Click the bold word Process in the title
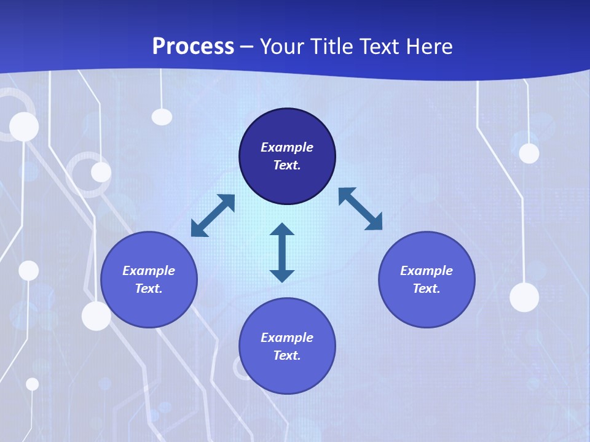click(193, 47)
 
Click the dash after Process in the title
click(246, 48)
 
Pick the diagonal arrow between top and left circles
click(213, 215)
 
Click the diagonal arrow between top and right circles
click(360, 209)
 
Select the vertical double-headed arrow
click(282, 252)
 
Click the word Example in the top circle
click(287, 147)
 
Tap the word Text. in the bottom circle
click(287, 355)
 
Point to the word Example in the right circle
click(427, 271)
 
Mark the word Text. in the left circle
click(149, 289)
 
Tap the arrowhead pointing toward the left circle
click(199, 230)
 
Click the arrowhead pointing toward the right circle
click(374, 223)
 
